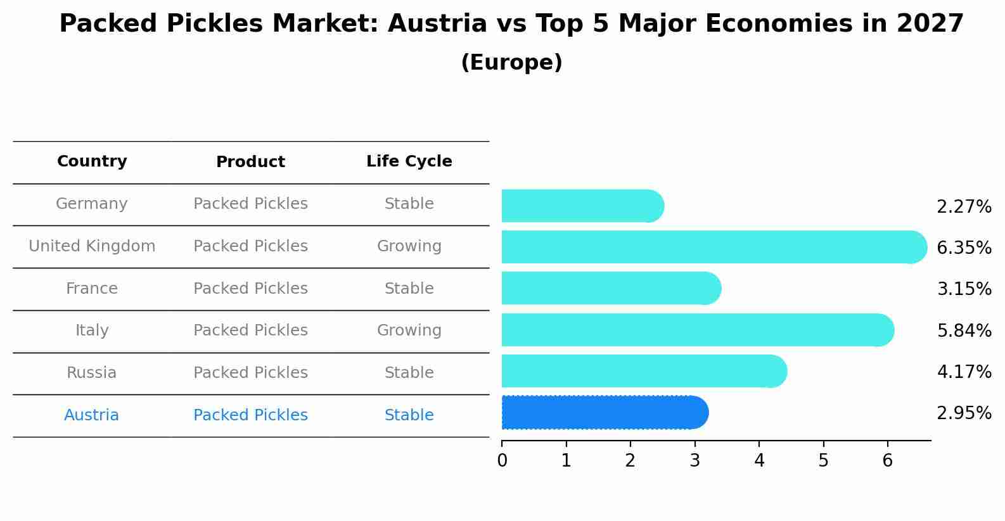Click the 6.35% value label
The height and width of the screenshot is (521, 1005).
[964, 248]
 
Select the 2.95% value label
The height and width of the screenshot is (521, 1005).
[964, 413]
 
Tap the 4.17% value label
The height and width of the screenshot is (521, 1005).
[964, 372]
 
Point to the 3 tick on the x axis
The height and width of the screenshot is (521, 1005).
[695, 460]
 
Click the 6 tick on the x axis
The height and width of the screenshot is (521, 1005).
[887, 460]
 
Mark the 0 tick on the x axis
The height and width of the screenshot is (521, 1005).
[502, 460]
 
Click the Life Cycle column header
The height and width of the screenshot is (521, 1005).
[409, 161]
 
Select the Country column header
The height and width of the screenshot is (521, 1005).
[92, 161]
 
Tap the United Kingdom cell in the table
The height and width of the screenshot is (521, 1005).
[92, 246]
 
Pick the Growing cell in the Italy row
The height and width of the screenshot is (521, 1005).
[409, 330]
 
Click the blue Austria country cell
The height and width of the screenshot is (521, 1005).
[91, 415]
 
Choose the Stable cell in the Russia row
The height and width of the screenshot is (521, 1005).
[409, 373]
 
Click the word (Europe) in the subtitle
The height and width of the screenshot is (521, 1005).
[511, 63]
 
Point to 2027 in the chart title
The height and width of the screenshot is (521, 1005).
[930, 24]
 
